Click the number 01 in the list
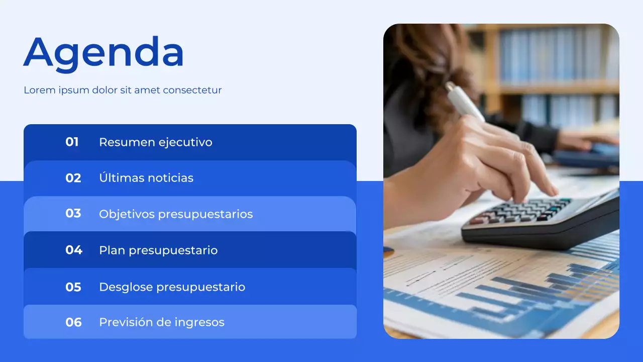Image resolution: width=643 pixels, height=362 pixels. (72, 142)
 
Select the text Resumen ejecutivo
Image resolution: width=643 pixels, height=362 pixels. (155, 142)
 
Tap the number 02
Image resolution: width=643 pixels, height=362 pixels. (73, 178)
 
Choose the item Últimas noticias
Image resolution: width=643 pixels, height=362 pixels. (146, 178)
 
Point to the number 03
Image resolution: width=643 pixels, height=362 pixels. (73, 214)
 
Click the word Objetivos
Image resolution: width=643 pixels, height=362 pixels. (127, 214)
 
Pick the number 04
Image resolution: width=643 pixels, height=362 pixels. (73, 250)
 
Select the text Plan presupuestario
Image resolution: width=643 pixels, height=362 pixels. (158, 250)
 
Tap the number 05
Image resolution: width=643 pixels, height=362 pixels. (73, 287)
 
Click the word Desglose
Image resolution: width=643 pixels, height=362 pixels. (126, 287)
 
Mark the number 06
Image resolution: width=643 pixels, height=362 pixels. (73, 322)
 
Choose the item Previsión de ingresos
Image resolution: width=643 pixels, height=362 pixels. (161, 322)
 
